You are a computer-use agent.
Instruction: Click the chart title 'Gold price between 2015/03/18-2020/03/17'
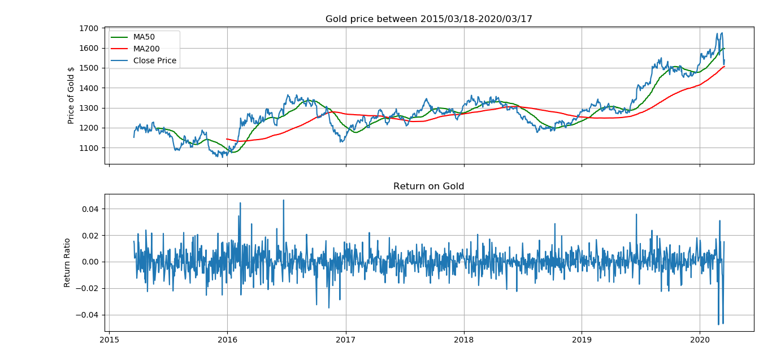pyautogui.click(x=428, y=19)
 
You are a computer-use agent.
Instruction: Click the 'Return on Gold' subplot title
pyautogui.click(x=428, y=186)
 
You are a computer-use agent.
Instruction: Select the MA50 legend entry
pyautogui.click(x=144, y=37)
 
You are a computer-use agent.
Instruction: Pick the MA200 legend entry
pyautogui.click(x=146, y=49)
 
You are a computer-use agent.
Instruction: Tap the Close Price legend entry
pyautogui.click(x=154, y=60)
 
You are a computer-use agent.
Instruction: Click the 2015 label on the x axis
pyautogui.click(x=109, y=341)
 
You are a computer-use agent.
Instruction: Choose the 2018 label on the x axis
pyautogui.click(x=463, y=341)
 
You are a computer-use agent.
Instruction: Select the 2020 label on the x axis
pyautogui.click(x=700, y=341)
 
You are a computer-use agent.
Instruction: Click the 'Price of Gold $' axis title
pyautogui.click(x=71, y=95)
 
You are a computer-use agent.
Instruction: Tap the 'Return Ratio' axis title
pyautogui.click(x=67, y=262)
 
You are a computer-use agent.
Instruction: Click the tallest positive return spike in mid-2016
pyautogui.click(x=284, y=200)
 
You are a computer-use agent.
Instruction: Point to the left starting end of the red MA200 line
pyautogui.click(x=227, y=139)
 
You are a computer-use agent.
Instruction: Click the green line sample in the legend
pyautogui.click(x=120, y=37)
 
